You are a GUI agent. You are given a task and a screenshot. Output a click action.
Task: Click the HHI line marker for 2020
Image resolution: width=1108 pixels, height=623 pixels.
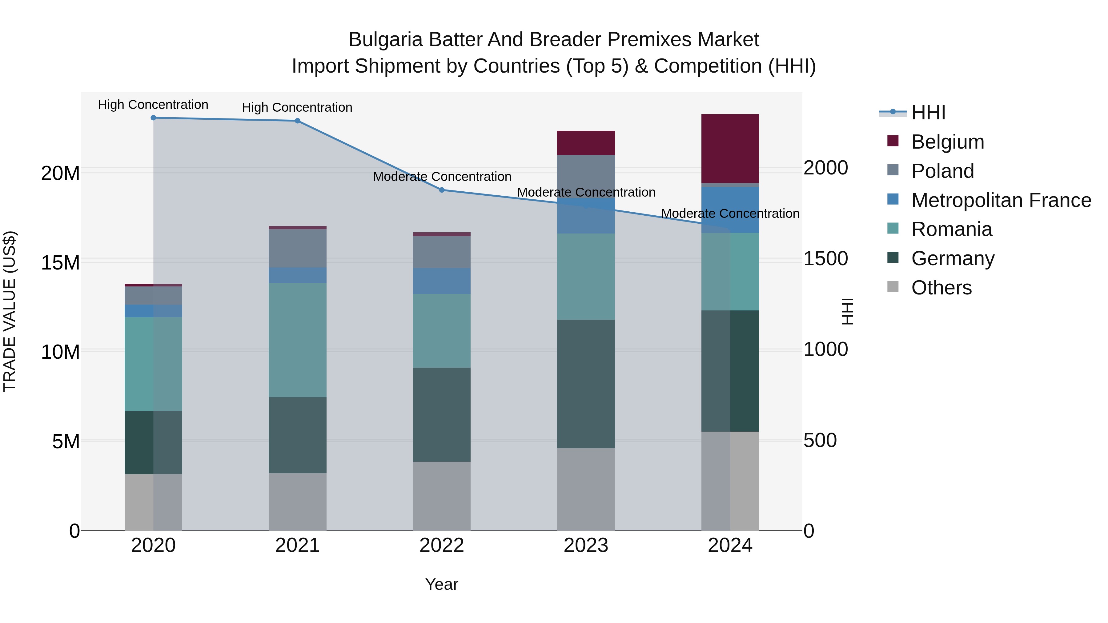tap(153, 118)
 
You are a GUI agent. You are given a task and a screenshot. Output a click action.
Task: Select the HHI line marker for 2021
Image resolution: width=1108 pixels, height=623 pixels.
tap(297, 121)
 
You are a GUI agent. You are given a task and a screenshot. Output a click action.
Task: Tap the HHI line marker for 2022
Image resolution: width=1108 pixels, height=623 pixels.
tap(442, 190)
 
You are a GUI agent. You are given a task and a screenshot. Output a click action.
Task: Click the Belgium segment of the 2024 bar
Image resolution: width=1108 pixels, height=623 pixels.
tap(730, 149)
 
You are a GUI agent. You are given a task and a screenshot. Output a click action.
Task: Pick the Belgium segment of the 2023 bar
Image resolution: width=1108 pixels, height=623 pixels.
tap(586, 143)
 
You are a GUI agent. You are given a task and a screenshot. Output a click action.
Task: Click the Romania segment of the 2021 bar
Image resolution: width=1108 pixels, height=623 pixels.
tap(297, 340)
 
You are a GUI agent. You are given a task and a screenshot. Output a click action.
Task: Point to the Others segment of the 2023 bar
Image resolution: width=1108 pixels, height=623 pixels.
tap(586, 489)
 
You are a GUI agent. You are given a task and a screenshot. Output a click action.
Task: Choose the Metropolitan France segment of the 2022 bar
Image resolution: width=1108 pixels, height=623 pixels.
tap(442, 281)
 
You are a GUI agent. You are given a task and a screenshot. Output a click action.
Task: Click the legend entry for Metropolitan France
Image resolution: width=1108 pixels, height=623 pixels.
tap(1001, 200)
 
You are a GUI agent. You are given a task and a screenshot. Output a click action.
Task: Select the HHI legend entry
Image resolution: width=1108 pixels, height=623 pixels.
tap(928, 113)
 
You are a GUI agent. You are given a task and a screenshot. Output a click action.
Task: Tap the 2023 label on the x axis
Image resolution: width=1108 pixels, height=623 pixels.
tap(586, 545)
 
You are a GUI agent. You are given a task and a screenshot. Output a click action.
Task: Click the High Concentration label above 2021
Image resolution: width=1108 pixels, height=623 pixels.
tap(297, 107)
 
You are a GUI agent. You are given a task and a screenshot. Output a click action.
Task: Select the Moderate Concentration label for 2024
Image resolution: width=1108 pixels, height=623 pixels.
tap(730, 214)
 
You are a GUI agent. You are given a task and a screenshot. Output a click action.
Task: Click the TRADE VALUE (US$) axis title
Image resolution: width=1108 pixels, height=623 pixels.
tap(10, 311)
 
